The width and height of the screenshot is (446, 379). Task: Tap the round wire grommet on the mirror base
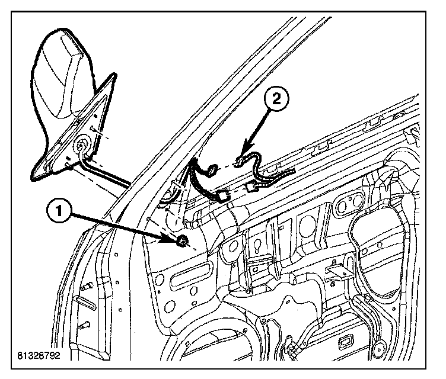pyautogui.click(x=83, y=146)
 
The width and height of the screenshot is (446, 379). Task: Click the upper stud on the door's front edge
pyautogui.click(x=85, y=287)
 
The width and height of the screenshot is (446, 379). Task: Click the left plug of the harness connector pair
pyautogui.click(x=224, y=194)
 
